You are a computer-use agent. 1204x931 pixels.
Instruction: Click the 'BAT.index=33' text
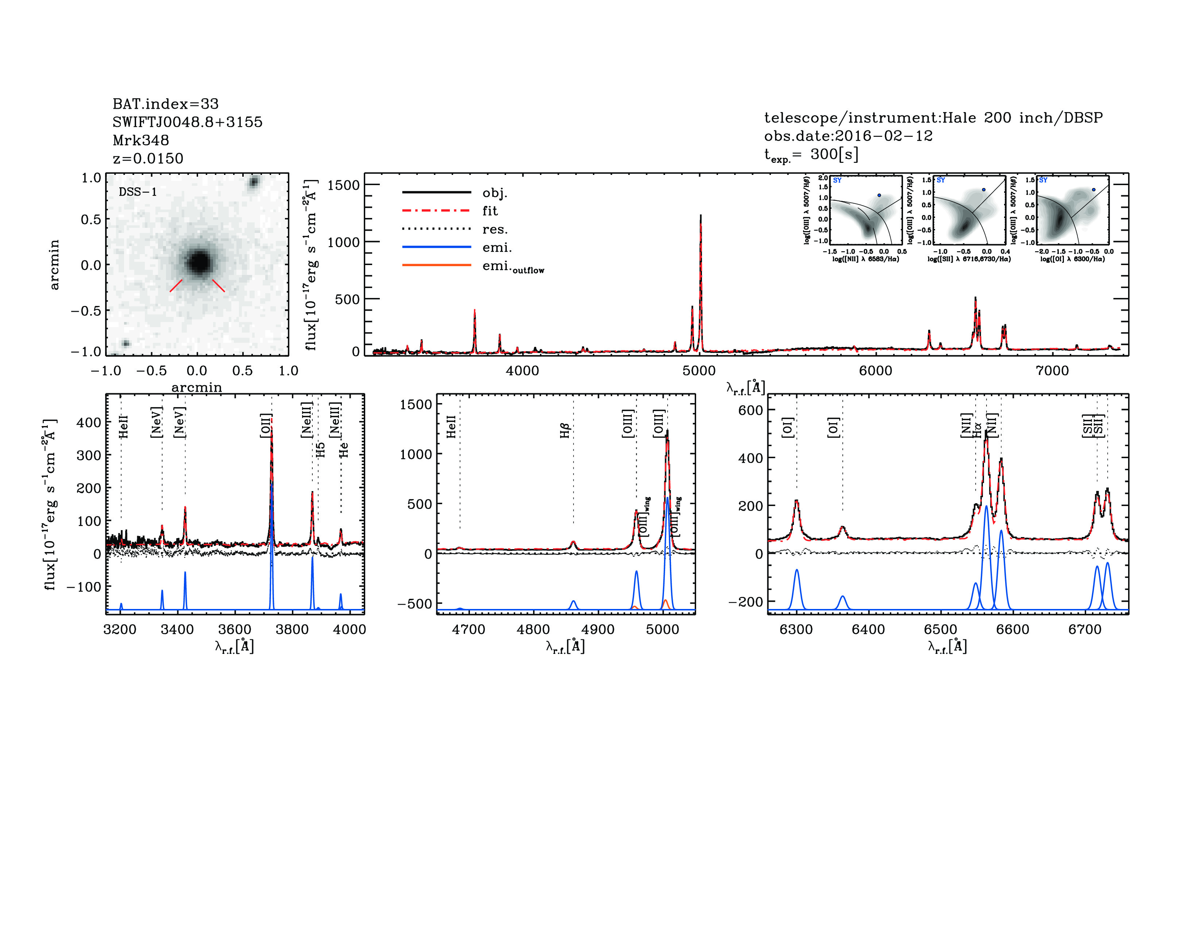(165, 104)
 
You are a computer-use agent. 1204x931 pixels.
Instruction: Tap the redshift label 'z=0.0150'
(148, 158)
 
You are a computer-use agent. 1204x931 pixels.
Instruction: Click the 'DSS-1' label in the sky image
(138, 192)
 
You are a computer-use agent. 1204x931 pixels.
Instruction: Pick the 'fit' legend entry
(490, 211)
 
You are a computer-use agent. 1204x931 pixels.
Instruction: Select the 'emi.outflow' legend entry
(513, 267)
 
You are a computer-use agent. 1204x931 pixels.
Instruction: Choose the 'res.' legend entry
(494, 229)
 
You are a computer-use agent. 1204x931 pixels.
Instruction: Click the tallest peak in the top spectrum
(700, 216)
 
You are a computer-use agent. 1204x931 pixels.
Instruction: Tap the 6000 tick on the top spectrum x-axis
(875, 371)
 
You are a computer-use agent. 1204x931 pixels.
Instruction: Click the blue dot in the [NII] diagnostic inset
(879, 195)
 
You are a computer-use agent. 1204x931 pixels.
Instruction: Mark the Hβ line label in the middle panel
(564, 431)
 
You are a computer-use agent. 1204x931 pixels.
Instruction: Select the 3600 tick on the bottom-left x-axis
(235, 629)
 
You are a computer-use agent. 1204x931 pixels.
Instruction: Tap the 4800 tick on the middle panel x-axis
(533, 629)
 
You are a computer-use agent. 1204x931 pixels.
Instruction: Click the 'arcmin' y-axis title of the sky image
(54, 264)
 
